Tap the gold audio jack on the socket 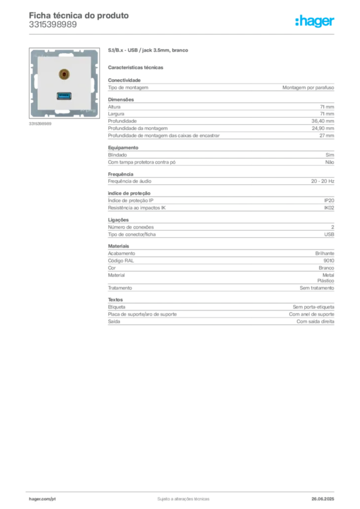point(64,75)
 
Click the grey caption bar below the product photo point(40,123)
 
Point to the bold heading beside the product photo point(149,51)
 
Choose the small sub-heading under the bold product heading point(137,67)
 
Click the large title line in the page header point(80,15)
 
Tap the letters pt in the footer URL point(53,498)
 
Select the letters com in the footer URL point(46,498)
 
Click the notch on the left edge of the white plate point(35,83)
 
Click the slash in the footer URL point(50,498)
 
